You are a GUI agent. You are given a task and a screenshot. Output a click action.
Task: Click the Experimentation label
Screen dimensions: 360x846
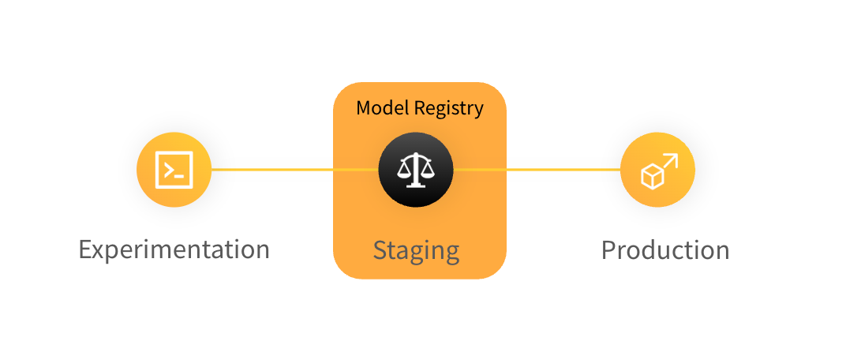coord(174,249)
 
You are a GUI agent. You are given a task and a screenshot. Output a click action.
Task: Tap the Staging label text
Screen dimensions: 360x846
coord(416,250)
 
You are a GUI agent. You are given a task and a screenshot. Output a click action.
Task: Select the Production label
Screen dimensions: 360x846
coord(664,250)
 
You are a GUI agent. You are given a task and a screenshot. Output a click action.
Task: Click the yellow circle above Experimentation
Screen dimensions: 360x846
coord(174,169)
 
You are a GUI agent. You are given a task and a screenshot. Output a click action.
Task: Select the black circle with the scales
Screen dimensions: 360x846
coord(416,169)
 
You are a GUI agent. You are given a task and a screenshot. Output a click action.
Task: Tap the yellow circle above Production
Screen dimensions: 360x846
coord(657,169)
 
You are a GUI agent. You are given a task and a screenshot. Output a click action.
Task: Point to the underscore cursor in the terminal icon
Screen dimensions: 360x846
coord(180,174)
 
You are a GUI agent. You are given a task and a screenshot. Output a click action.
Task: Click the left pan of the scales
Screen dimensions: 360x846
coord(404,171)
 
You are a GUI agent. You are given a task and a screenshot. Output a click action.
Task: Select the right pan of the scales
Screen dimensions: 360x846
coord(428,171)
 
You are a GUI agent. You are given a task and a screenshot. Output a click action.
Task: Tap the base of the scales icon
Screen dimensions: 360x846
coord(416,186)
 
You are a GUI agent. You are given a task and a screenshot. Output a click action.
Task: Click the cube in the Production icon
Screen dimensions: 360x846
coord(651,177)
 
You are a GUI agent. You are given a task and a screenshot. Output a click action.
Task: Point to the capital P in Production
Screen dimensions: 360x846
coord(608,250)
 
